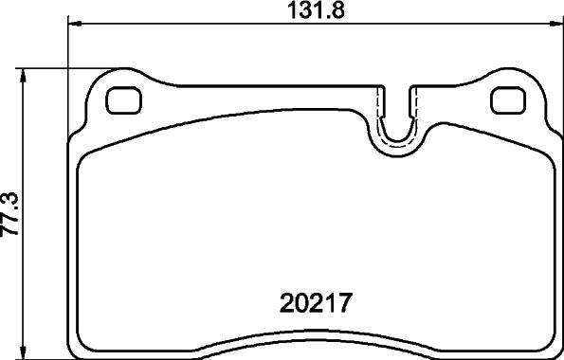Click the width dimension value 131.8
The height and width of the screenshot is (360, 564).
316,10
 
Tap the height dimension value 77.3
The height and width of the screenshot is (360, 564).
9,213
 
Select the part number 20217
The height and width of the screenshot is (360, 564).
315,303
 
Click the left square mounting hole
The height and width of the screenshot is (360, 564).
123,100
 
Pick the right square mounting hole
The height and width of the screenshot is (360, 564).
509,100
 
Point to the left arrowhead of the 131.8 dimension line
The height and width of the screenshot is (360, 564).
75,24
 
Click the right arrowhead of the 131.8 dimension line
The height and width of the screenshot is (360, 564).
556,24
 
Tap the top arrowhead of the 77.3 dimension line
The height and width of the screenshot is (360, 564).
24,76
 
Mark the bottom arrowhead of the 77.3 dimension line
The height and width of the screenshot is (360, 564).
24,351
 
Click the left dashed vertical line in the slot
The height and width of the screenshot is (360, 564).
377,104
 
